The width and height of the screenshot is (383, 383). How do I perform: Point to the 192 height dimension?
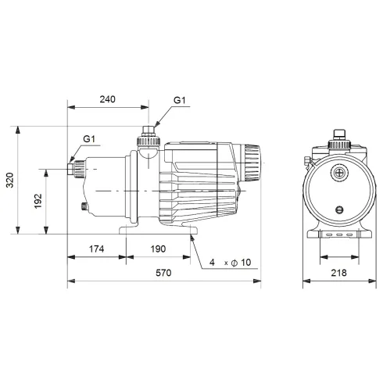coord(38,201)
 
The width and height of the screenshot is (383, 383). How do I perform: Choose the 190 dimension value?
coord(159,249)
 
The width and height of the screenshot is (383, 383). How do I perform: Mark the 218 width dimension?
coord(338,274)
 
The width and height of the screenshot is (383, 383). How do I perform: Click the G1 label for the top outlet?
coord(179,100)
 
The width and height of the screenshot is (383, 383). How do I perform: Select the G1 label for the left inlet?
coord(88,139)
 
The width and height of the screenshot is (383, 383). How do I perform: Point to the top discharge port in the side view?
coord(146,139)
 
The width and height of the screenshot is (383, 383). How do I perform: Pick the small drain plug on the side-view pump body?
coord(84,207)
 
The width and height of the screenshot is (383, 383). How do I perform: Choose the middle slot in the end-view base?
coord(338,234)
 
